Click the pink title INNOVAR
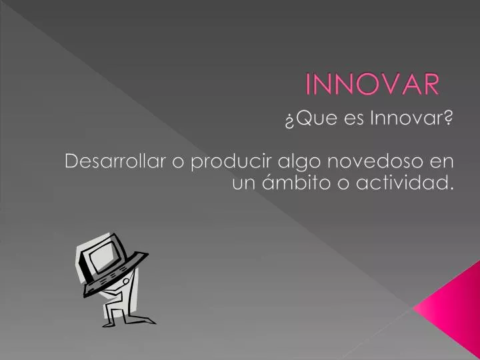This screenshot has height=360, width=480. (x=373, y=85)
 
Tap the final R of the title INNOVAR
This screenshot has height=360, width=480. (x=431, y=85)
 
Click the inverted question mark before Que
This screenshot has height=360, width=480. (x=289, y=120)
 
